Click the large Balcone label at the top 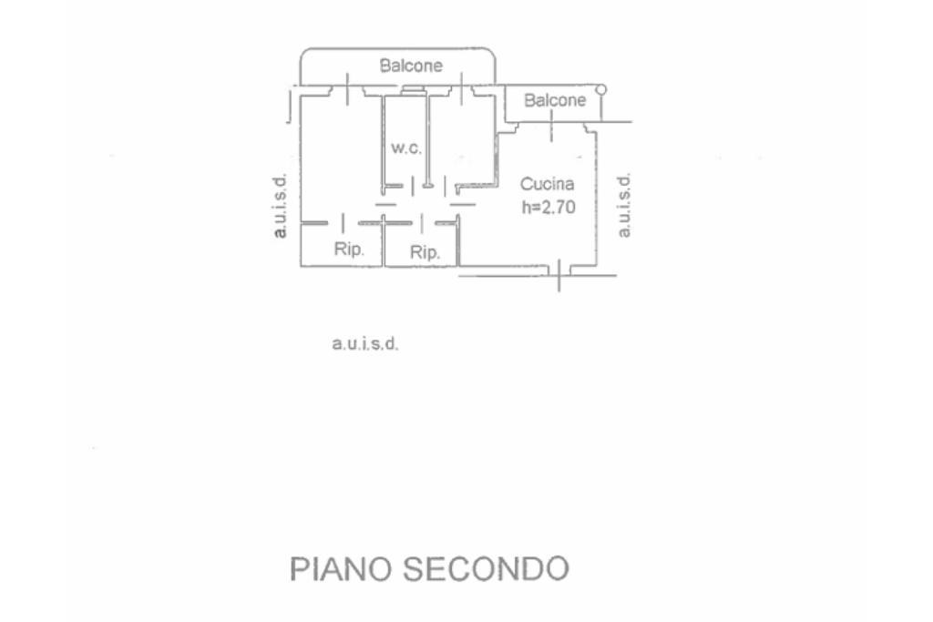pyautogui.click(x=411, y=66)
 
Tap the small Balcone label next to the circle pyautogui.click(x=555, y=101)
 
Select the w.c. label pyautogui.click(x=405, y=148)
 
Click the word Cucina pyautogui.click(x=548, y=184)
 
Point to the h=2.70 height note pyautogui.click(x=548, y=207)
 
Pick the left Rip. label pyautogui.click(x=349, y=250)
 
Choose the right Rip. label pyautogui.click(x=425, y=252)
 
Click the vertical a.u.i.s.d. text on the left pyautogui.click(x=282, y=205)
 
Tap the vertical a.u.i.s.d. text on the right pyautogui.click(x=624, y=205)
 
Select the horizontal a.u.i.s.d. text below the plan pyautogui.click(x=365, y=345)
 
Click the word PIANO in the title pyautogui.click(x=340, y=568)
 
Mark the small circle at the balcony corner pyautogui.click(x=600, y=89)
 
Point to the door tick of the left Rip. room pyautogui.click(x=342, y=222)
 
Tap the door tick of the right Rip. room pyautogui.click(x=423, y=222)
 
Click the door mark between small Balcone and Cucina pyautogui.click(x=551, y=132)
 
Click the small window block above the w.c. pyautogui.click(x=413, y=88)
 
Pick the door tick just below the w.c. pyautogui.click(x=415, y=187)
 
